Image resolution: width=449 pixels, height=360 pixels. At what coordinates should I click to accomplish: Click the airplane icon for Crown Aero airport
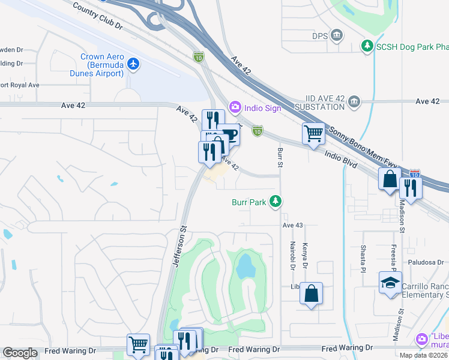click(133, 63)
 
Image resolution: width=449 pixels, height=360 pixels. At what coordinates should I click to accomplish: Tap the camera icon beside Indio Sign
click(234, 107)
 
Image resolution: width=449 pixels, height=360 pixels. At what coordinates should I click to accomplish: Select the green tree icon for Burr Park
click(276, 202)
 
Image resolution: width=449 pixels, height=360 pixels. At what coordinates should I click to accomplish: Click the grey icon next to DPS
click(337, 35)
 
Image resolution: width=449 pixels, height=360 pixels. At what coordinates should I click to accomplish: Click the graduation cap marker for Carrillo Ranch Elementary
click(390, 283)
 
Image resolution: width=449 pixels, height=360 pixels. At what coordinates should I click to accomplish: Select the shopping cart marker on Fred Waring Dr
click(138, 344)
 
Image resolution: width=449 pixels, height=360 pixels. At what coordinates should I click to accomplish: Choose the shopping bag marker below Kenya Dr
click(311, 293)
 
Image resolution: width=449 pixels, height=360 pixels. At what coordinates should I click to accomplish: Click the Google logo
click(20, 353)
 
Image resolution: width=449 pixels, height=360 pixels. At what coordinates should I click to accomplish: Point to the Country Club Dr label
click(97, 17)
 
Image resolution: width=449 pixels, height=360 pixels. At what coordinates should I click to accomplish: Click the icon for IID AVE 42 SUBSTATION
click(354, 101)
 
